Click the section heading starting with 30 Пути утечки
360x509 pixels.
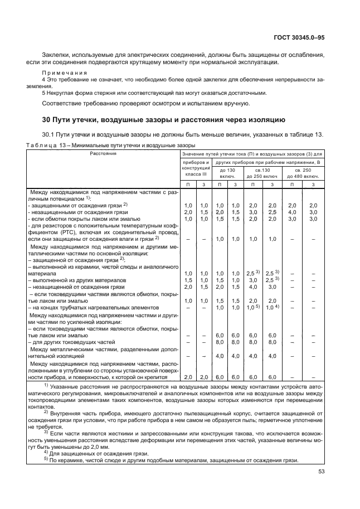(164, 119)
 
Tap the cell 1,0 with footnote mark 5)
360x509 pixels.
(254, 307)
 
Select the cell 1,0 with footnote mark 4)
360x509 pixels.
(273, 307)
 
